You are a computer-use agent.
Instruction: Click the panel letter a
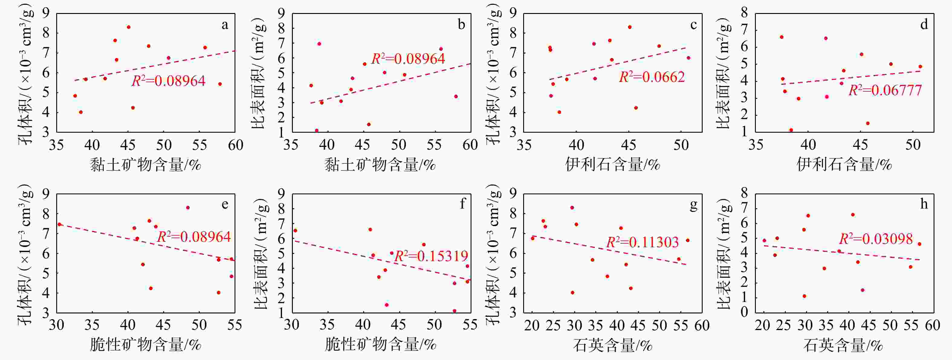(x=225, y=25)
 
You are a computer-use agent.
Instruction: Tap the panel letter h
(x=924, y=204)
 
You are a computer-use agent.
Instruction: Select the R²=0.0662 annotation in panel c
(x=652, y=77)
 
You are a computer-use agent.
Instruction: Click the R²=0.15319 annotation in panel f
(x=431, y=256)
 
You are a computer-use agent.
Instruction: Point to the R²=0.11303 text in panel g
(x=643, y=242)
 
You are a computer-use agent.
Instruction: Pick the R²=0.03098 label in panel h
(x=876, y=239)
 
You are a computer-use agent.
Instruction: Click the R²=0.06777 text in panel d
(x=885, y=90)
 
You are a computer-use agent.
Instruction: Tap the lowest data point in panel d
(x=791, y=130)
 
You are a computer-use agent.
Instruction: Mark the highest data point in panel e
(x=188, y=208)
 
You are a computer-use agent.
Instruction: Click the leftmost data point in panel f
(x=295, y=231)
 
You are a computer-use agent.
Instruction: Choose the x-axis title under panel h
(x=843, y=345)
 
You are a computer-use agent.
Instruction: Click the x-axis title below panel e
(x=146, y=345)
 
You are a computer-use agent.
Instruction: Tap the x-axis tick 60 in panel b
(x=470, y=145)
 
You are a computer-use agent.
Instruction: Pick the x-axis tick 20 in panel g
(x=532, y=325)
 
